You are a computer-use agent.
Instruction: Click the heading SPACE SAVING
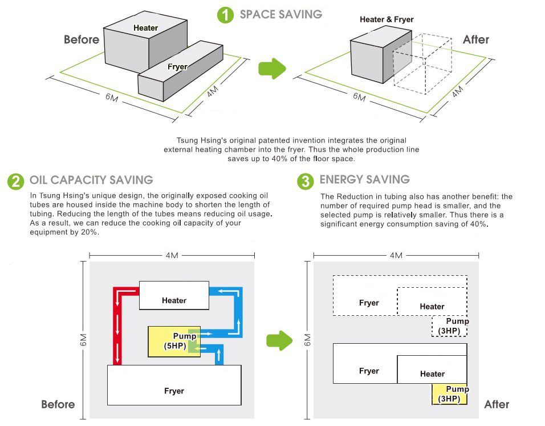(x=280, y=14)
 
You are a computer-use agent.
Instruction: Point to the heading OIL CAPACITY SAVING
(x=91, y=180)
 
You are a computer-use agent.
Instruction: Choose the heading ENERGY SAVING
(x=364, y=179)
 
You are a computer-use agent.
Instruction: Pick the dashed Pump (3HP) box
(x=450, y=325)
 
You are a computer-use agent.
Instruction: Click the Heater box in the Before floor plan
(x=174, y=295)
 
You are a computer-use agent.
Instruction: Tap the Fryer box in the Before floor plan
(x=174, y=385)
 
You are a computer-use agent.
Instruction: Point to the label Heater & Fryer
(x=387, y=19)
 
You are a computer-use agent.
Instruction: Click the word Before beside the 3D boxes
(x=82, y=40)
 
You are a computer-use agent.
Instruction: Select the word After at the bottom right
(x=496, y=404)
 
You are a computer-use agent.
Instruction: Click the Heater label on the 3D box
(x=146, y=28)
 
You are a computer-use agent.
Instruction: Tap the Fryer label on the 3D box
(x=177, y=67)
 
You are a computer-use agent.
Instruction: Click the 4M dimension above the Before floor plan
(x=172, y=255)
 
